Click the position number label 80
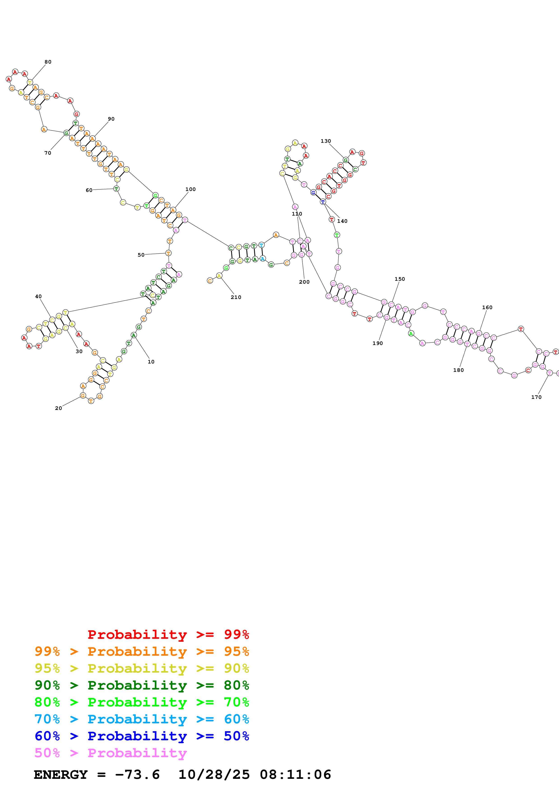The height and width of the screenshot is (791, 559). coord(48,62)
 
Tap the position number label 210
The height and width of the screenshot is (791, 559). coord(236,297)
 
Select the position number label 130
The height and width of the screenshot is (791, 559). coord(326,141)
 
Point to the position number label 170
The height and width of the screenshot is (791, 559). coord(536,397)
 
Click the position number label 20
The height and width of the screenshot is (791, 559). coord(59,408)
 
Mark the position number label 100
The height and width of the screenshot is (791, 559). coord(191,189)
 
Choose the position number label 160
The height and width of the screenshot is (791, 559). coord(487,307)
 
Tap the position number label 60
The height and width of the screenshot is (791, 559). coord(89,190)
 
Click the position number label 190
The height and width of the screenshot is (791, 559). coord(377,343)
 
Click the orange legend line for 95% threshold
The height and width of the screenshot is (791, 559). coord(142,651)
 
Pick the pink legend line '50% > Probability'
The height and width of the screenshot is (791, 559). coord(110,753)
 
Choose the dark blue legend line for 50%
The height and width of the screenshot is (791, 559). coord(142,736)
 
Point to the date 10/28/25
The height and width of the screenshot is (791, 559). coord(214,775)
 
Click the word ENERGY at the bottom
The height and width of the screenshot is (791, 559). coord(61,775)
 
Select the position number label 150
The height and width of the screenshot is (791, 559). coord(400,279)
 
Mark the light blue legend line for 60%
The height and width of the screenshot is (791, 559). coord(142,719)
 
